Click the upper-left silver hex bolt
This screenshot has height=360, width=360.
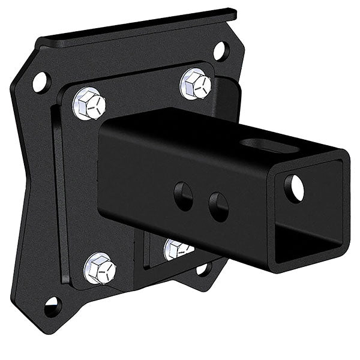coord(89,103)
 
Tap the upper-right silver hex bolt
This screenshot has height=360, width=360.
coord(196,83)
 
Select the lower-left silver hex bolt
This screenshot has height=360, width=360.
coord(100,268)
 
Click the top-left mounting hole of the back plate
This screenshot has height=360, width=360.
coord(40,82)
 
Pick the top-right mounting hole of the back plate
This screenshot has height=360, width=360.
coord(220,51)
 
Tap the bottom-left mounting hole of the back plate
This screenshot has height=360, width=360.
coord(53,307)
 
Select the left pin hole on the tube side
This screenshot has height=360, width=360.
coord(184,196)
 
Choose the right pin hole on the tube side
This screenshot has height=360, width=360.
coord(218,206)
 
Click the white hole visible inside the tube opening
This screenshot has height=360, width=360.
coord(294,188)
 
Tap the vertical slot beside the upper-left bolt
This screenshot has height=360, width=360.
coord(58,180)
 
